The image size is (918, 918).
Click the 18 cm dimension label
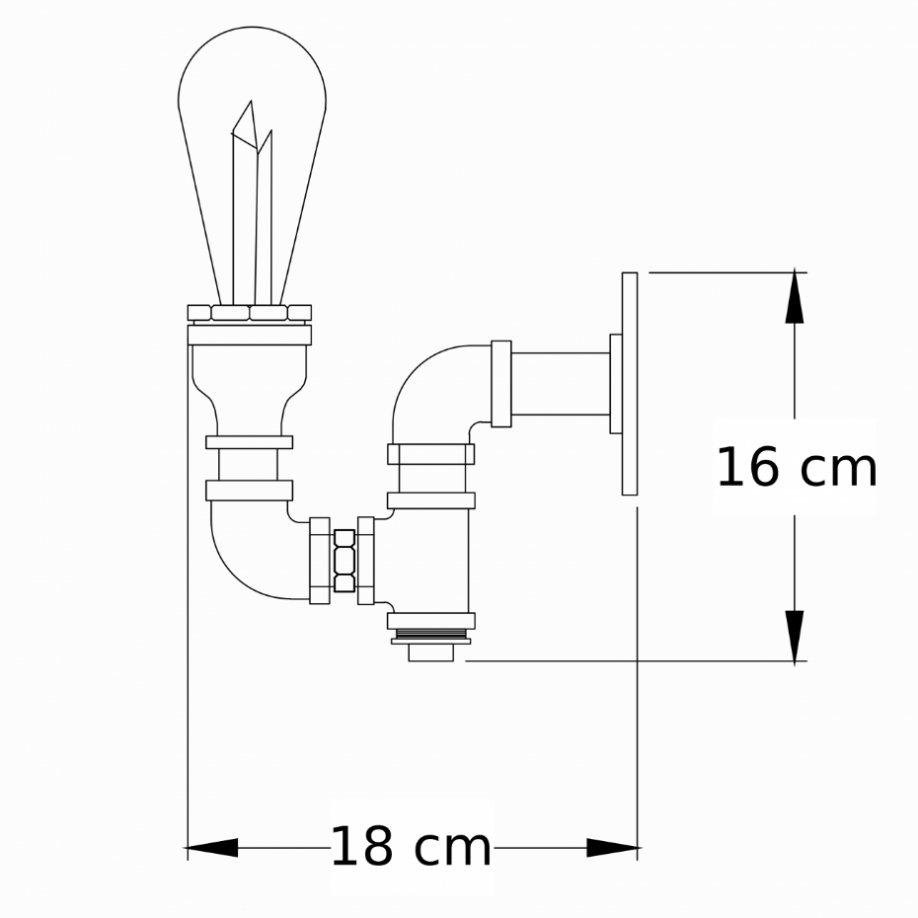pyautogui.click(x=411, y=847)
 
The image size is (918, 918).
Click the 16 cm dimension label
pyautogui.click(x=797, y=467)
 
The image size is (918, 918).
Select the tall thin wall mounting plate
pyautogui.click(x=630, y=383)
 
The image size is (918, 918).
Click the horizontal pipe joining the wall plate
pyautogui.click(x=561, y=384)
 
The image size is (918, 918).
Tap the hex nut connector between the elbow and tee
pyautogui.click(x=344, y=561)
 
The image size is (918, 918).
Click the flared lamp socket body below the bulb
pyautogui.click(x=250, y=389)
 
